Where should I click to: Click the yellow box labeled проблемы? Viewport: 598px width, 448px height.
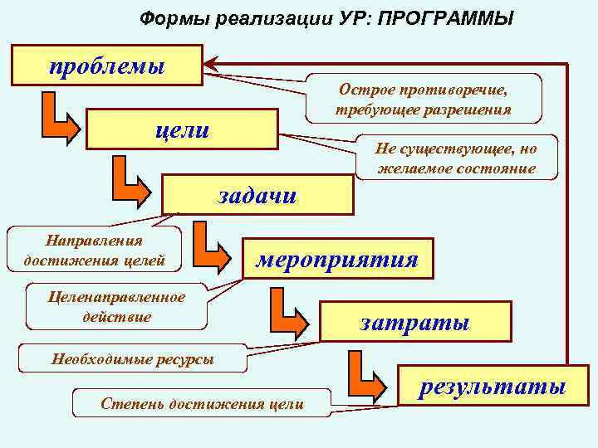pyautogui.click(x=106, y=66)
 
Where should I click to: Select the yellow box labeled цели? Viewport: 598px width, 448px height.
pyautogui.click(x=182, y=130)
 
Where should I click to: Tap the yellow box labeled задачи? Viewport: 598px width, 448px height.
pyautogui.click(x=257, y=195)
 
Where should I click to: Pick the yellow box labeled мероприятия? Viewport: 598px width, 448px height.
pyautogui.click(x=336, y=259)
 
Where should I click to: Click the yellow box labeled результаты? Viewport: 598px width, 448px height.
pyautogui.click(x=493, y=387)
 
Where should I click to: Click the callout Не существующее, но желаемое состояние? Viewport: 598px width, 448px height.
pyautogui.click(x=456, y=158)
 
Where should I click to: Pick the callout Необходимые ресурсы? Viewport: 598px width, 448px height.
pyautogui.click(x=132, y=358)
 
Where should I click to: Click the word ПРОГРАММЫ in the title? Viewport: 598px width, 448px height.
pyautogui.click(x=445, y=17)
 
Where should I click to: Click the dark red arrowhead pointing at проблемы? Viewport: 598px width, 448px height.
pyautogui.click(x=213, y=63)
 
